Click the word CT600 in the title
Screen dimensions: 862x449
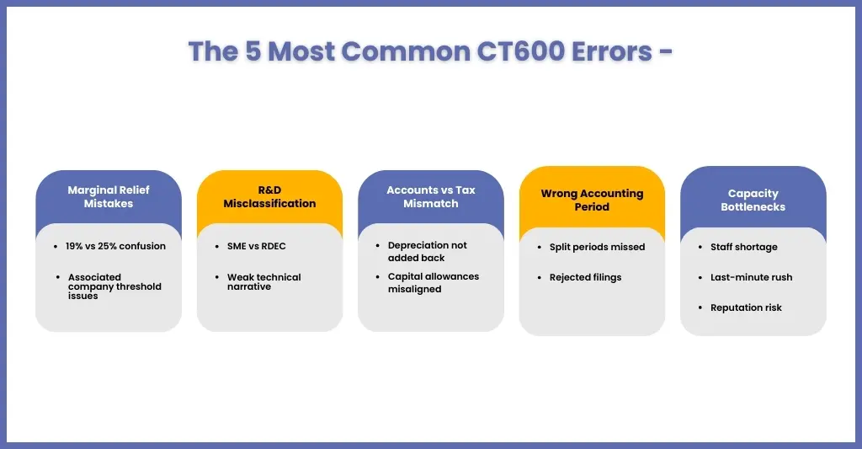tap(520, 51)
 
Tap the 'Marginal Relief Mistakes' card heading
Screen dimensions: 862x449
tap(109, 196)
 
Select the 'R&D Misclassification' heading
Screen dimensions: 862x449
tap(269, 196)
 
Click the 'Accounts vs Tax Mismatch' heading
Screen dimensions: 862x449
tap(431, 196)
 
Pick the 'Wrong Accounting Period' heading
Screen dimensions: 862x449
tap(592, 200)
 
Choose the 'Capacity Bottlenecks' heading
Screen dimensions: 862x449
tap(753, 200)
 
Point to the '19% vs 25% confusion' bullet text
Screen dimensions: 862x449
tap(115, 246)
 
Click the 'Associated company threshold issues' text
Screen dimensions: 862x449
tap(114, 286)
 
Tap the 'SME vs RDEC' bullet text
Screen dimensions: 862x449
tap(257, 246)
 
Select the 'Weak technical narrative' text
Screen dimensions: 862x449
tap(263, 281)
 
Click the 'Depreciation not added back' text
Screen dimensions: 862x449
tap(427, 252)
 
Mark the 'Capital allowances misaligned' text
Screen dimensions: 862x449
tap(434, 283)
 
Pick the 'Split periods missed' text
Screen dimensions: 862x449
tap(597, 247)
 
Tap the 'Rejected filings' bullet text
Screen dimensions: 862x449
tap(586, 277)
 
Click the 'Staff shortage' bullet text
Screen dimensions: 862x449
tap(744, 247)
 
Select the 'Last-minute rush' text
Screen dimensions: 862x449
tap(752, 277)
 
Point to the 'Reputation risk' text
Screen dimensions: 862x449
tap(746, 307)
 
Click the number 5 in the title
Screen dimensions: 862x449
tap(253, 51)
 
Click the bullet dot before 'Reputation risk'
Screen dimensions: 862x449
tap(700, 307)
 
